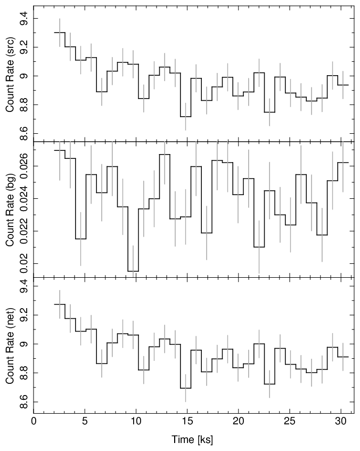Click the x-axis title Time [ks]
tap(192, 439)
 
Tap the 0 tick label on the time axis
tap(34, 421)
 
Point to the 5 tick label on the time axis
tap(85, 421)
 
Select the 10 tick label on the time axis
tap(136, 421)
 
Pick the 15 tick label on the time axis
tap(187, 421)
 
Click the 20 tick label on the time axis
tap(238, 421)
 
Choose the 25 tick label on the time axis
tap(289, 421)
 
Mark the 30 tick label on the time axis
tap(340, 421)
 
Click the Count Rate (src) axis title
tap(10, 75)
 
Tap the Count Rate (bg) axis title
tap(10, 210)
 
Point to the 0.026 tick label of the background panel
tap(24, 166)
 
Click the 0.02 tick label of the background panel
tap(24, 263)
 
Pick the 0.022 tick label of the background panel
tap(24, 231)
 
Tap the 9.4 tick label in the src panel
tap(24, 19)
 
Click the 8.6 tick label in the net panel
tap(24, 402)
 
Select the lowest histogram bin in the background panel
tap(133, 271)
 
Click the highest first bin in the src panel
tap(60, 33)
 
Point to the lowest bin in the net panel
tap(186, 388)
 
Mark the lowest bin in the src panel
tap(186, 117)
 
